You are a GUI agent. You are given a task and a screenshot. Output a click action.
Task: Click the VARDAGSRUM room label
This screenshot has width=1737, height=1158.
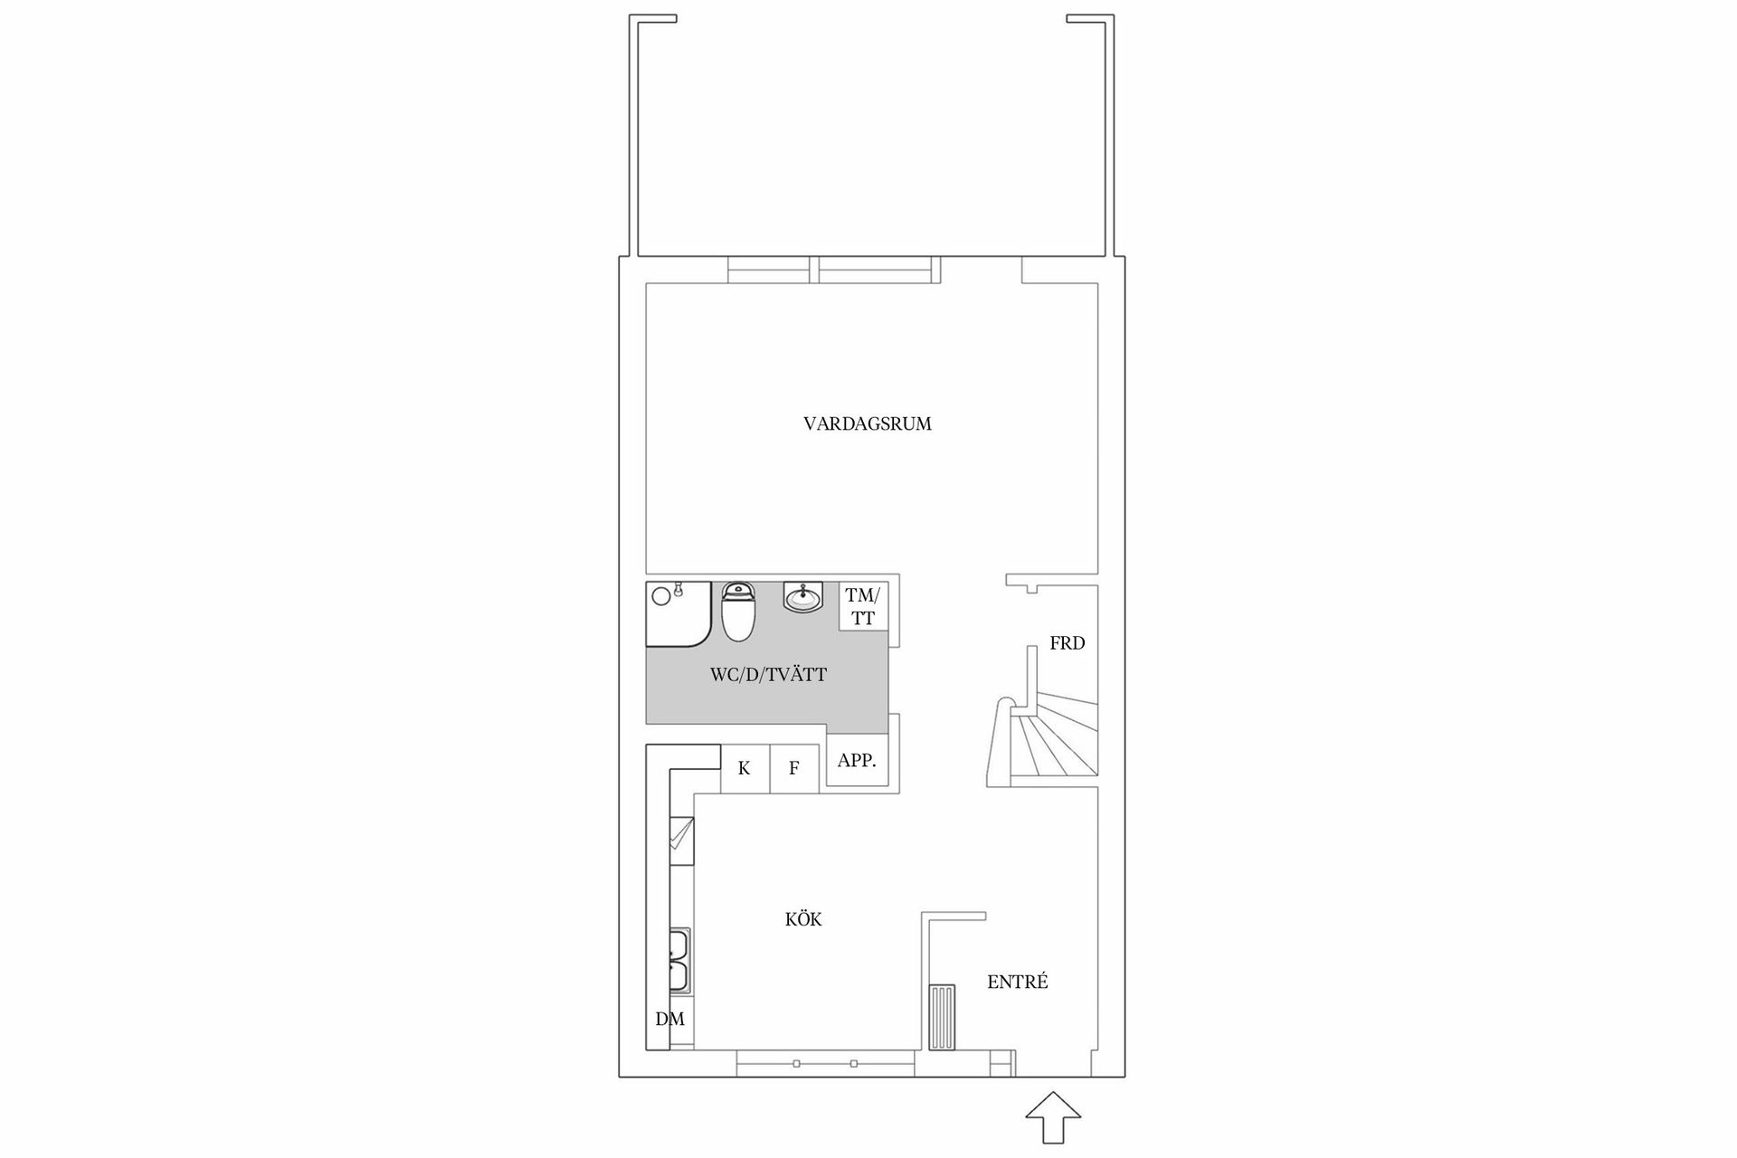point(867,423)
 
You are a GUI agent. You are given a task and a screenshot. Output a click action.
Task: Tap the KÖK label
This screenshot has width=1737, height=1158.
point(802,920)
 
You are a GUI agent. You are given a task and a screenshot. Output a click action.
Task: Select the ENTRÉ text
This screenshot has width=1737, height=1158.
point(1017,982)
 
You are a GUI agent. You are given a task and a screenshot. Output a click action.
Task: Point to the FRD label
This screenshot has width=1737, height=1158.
point(1067,643)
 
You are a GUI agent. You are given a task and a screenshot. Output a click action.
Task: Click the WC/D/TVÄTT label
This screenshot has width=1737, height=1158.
point(767,675)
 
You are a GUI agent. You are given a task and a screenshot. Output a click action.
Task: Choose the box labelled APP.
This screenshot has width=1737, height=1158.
point(857,761)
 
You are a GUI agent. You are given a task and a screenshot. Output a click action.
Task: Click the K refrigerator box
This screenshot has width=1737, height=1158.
point(744,769)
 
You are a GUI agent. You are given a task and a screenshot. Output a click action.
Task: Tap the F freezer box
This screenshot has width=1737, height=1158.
point(793,769)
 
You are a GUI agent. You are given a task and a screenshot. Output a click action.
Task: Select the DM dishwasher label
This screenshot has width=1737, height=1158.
point(669,1020)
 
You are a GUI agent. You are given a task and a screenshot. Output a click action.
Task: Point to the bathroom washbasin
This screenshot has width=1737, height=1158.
point(802,597)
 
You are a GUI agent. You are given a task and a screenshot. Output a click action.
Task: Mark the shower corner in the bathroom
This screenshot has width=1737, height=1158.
point(675,613)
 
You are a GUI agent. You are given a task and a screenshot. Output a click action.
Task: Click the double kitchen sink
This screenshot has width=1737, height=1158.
point(679,960)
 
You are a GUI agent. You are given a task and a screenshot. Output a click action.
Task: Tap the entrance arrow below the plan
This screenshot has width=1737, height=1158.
point(1053,1118)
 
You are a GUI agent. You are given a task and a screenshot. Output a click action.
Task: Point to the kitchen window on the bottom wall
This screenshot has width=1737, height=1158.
point(824,1064)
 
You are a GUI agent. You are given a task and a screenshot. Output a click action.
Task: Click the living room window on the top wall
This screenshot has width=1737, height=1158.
point(832,270)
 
